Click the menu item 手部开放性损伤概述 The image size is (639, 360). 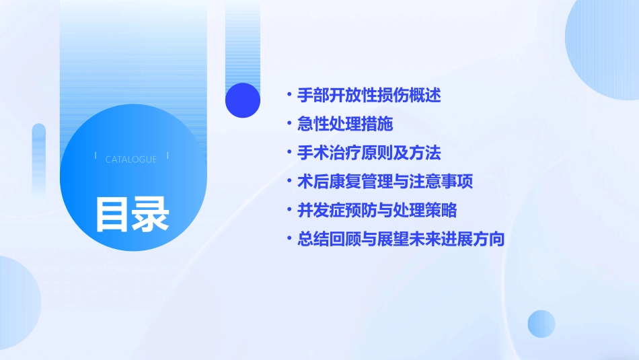point(369,96)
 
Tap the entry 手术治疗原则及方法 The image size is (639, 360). point(369,153)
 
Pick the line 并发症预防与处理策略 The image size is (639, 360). point(377,210)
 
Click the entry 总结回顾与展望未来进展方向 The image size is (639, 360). point(401,239)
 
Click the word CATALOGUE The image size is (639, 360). point(131,159)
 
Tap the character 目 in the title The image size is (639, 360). point(112,214)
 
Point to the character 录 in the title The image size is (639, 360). point(151,214)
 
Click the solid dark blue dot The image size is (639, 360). point(243,100)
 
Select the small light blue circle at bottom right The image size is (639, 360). point(541,324)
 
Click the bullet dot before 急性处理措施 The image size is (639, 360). point(289,124)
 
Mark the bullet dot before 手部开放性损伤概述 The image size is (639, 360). point(289,96)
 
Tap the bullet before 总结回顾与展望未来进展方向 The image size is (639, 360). point(289,239)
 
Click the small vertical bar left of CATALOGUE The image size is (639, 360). point(96,156)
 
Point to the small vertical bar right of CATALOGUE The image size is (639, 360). point(167,156)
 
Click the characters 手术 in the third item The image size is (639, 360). point(313,153)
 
